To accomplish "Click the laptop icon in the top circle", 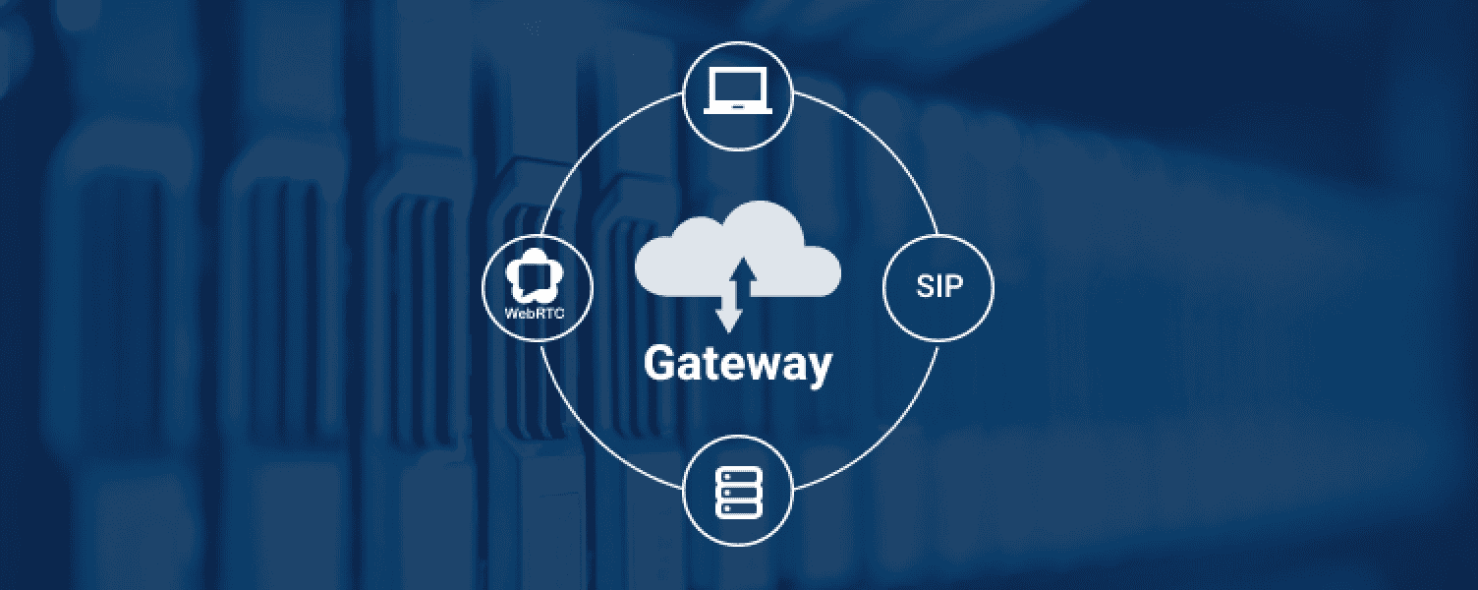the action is pos(737,91).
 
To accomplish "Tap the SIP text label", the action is pos(938,286).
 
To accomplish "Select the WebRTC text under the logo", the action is pos(535,313).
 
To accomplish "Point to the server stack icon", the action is pos(738,494).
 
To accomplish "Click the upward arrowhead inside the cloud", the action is pos(745,268).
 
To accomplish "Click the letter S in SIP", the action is pos(925,286).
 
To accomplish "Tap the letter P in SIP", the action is pos(955,286).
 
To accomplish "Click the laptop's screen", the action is pos(738,88).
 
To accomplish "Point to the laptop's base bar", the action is pos(738,111).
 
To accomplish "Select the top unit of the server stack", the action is pos(738,476).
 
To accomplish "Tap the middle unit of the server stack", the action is pos(738,494).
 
